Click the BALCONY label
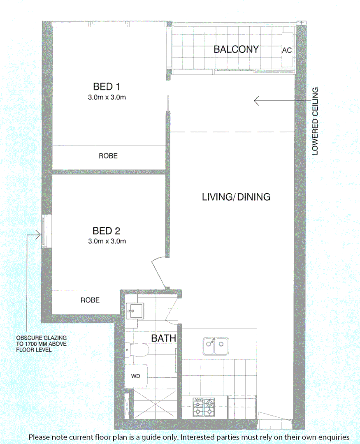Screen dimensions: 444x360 [x=236, y=50]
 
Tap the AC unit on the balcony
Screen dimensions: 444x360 [x=287, y=50]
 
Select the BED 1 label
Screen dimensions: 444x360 [x=106, y=87]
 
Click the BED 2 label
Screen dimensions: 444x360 [x=106, y=230]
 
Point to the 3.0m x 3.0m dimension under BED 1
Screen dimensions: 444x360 [x=107, y=97]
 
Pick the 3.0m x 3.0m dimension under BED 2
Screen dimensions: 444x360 [x=107, y=241]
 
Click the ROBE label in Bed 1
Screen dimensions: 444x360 [x=108, y=156]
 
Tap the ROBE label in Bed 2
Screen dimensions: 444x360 [x=90, y=300]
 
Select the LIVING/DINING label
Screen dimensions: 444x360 [x=236, y=197]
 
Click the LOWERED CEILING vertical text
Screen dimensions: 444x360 [x=315, y=121]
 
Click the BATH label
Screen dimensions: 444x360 [x=164, y=338]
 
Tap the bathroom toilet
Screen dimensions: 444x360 [x=137, y=350]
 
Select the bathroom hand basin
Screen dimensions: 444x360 [x=135, y=310]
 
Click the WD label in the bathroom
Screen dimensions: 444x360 [x=136, y=376]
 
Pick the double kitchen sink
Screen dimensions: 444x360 [x=216, y=346]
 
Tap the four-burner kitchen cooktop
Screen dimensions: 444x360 [x=204, y=407]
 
